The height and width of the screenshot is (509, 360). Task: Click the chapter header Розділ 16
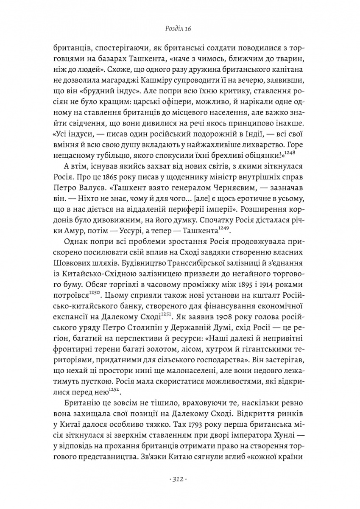tap(180, 28)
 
